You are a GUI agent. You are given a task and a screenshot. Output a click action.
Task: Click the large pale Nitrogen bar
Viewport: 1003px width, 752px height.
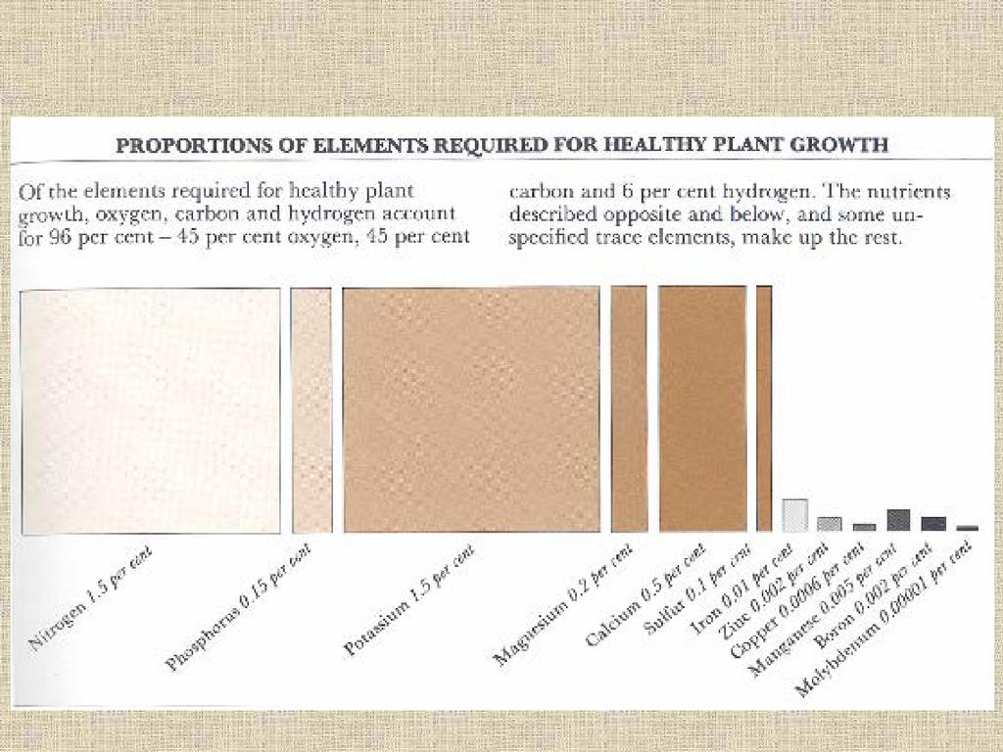pos(150,411)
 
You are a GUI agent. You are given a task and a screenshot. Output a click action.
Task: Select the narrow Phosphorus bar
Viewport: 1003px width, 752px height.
pos(311,411)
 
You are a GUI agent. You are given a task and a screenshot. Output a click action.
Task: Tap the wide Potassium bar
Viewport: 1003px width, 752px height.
pos(471,409)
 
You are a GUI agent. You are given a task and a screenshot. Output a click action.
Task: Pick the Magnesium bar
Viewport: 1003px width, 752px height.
pos(629,409)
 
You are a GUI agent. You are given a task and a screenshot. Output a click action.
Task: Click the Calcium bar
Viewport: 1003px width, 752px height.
pos(702,409)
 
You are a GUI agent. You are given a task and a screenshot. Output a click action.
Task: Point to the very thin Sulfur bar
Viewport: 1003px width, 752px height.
pos(764,409)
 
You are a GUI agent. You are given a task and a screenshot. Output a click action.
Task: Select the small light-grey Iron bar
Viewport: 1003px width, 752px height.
pos(795,515)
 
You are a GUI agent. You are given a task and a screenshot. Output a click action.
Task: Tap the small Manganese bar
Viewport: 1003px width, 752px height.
pos(898,520)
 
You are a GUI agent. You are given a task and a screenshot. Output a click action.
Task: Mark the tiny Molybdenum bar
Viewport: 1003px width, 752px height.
pos(967,528)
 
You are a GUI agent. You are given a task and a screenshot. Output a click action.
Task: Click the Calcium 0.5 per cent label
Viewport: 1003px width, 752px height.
pos(647,596)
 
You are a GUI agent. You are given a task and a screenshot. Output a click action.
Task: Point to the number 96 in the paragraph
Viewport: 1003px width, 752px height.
pos(54,237)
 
